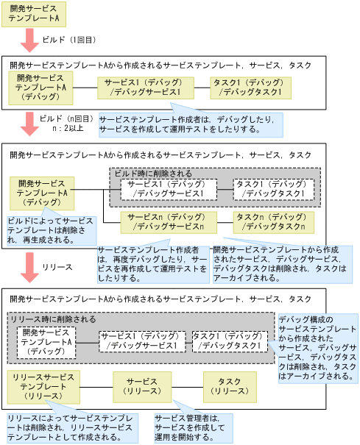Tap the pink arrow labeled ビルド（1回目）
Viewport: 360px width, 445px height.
pos(29,40)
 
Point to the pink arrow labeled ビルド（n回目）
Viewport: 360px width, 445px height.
pos(29,123)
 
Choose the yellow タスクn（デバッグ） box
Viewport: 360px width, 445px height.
pos(273,222)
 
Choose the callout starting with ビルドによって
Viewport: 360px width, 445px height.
pos(50,229)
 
